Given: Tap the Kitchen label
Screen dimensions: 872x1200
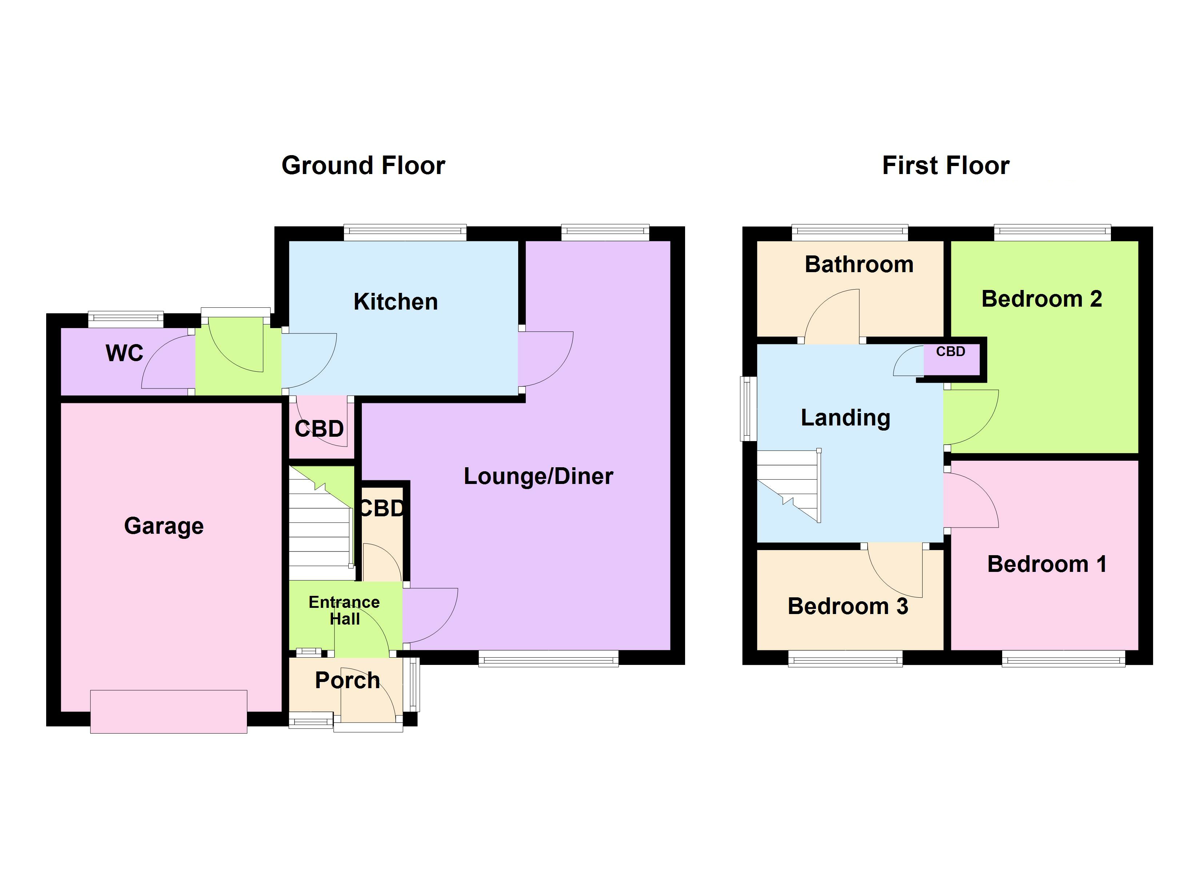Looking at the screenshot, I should click(395, 302).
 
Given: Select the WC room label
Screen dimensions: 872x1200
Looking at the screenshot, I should click(124, 353).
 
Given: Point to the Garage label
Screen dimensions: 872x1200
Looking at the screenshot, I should click(164, 526).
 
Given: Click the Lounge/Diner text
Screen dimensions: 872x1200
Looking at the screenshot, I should click(538, 476).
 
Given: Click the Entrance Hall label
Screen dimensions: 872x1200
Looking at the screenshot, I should click(344, 610).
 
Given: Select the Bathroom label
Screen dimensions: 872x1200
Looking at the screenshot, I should click(859, 265).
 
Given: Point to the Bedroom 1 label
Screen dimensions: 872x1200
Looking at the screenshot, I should click(1047, 564).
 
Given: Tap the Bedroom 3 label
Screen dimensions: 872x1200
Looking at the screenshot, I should click(848, 606).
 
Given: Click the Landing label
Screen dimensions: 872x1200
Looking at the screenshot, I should click(845, 418).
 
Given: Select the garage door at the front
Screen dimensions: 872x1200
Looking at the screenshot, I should click(168, 711).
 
